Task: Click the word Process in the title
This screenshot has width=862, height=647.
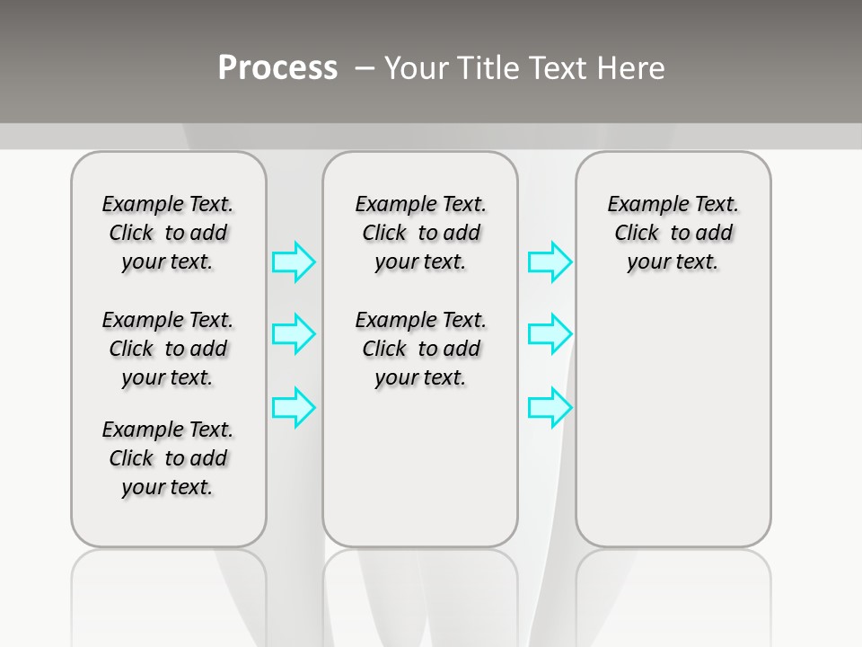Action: pos(277,67)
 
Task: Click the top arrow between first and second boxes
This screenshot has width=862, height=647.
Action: pos(294,262)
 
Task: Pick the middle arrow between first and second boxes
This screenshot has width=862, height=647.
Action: pos(294,334)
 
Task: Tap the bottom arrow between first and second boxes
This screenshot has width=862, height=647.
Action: pos(294,407)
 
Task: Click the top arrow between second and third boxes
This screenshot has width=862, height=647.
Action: pos(550,262)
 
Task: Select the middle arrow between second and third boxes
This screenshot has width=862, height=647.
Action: pos(550,334)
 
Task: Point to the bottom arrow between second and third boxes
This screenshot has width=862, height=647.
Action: pos(550,407)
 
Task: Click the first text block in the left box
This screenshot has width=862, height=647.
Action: pos(168,233)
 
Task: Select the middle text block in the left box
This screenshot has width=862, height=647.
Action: pos(168,349)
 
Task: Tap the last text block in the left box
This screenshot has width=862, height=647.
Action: pos(168,458)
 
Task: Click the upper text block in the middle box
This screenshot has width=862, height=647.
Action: pos(421,233)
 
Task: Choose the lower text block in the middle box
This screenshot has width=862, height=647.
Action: pos(421,349)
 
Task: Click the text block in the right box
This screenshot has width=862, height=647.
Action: pos(673,233)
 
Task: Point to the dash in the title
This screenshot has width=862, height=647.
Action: pos(365,68)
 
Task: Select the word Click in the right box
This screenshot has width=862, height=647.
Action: pos(637,234)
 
